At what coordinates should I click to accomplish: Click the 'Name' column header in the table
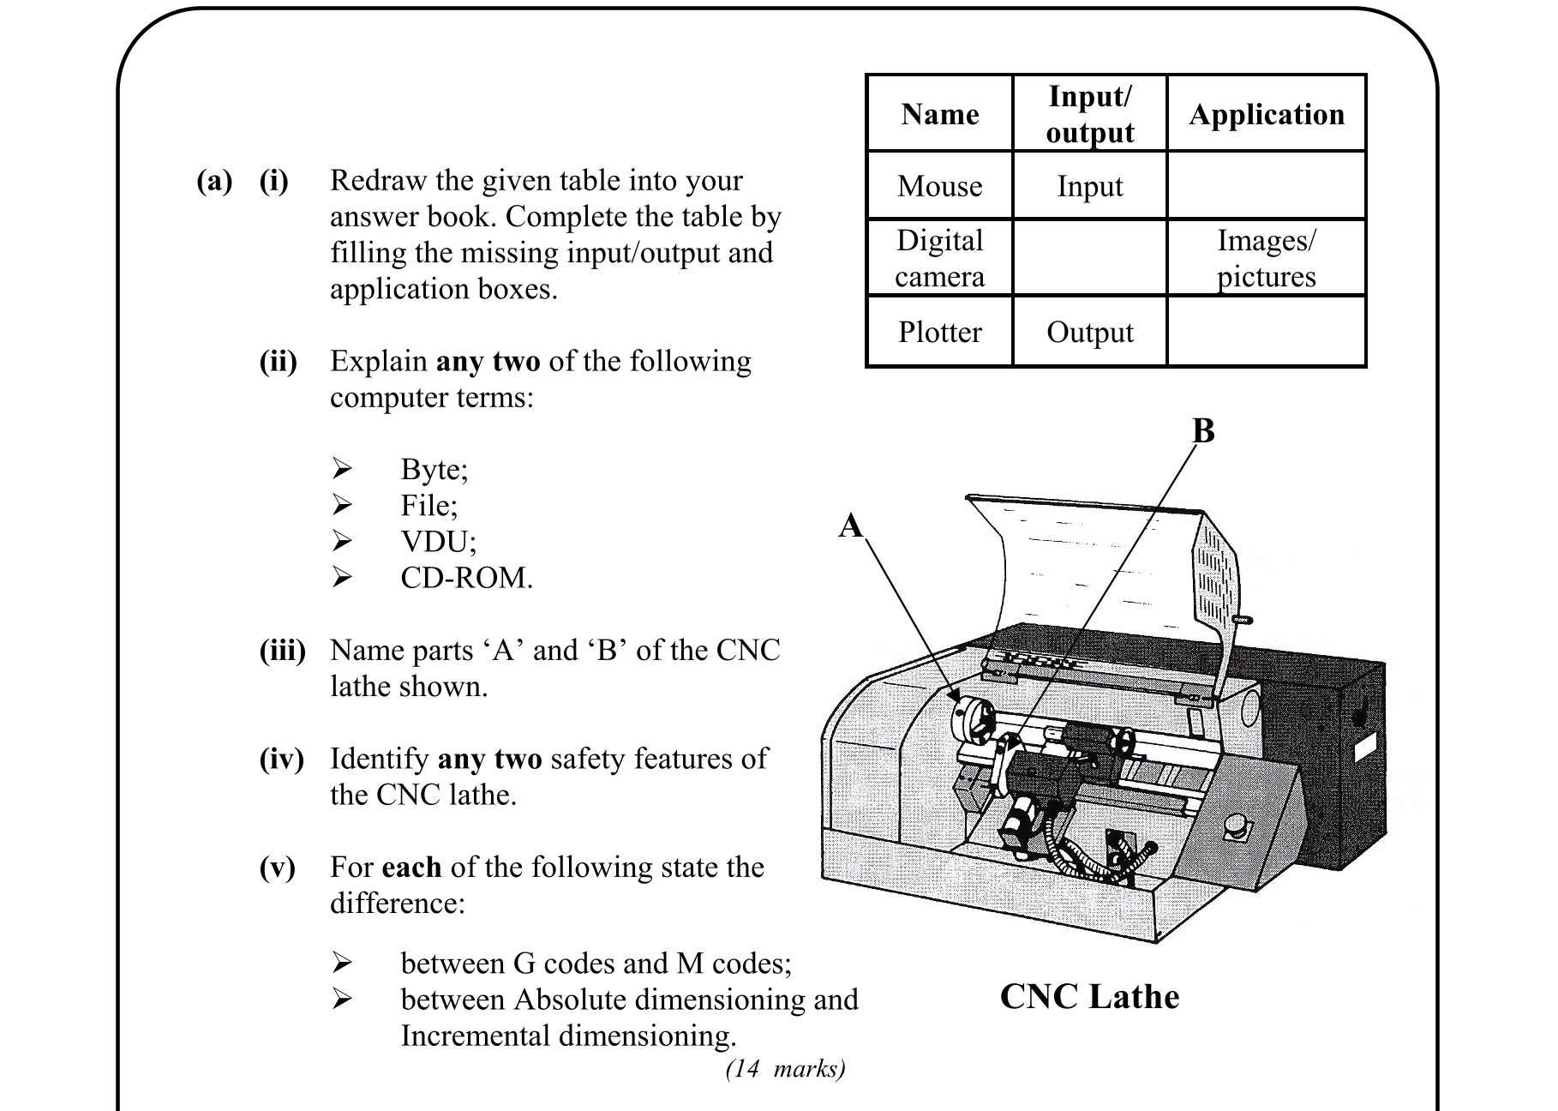coord(939,114)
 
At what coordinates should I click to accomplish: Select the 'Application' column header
coord(1266,114)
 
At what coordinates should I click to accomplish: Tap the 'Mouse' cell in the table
coord(939,186)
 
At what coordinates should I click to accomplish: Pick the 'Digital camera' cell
coord(939,258)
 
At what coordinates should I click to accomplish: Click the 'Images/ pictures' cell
coord(1266,258)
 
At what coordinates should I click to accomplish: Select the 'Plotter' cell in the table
coord(939,332)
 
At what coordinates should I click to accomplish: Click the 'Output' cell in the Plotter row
coord(1089,332)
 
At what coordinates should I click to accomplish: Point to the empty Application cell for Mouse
coord(1266,186)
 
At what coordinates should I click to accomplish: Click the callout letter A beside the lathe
coord(850,525)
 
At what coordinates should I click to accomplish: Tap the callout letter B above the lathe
coord(1203,430)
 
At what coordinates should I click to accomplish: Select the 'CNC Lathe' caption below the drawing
coord(1089,996)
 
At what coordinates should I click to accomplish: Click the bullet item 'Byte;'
coord(434,469)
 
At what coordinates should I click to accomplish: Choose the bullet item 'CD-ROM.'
coord(466,578)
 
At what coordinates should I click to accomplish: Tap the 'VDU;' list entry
coord(438,542)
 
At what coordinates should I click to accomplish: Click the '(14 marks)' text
coord(785,1068)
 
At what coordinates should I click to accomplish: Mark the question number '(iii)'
coord(282,651)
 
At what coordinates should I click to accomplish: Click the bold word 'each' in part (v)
coord(411,867)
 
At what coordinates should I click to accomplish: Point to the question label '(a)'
coord(214,181)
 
